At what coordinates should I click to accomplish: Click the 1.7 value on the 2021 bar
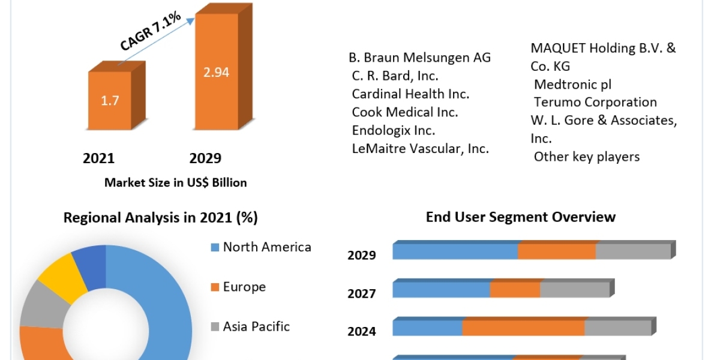[110, 100]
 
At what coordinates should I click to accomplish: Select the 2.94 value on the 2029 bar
[215, 73]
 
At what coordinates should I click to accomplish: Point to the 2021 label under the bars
[98, 158]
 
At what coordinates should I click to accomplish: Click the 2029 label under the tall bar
[205, 158]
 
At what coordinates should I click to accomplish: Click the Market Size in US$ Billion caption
[176, 182]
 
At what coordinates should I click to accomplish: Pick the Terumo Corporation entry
[595, 102]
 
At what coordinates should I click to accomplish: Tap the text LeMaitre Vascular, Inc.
[420, 149]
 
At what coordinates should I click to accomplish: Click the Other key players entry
[587, 157]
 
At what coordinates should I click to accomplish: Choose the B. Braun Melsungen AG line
[419, 58]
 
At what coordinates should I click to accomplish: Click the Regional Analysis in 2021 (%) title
[161, 218]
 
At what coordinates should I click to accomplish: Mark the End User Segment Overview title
[521, 217]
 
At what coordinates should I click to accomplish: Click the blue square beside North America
[215, 247]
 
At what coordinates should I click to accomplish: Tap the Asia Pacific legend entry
[256, 326]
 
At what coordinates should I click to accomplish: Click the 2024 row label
[362, 331]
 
